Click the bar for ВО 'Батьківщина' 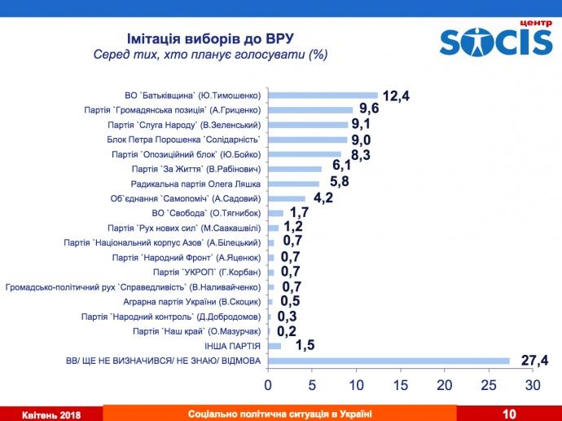click(323, 95)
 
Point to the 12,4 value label click(395, 96)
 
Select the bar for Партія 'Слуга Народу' click(307, 125)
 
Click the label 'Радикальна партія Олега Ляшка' click(200, 184)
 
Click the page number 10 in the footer click(509, 414)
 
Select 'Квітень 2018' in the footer click(51, 414)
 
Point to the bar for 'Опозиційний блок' click(304, 154)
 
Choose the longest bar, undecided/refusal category click(389, 360)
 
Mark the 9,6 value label click(370, 110)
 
